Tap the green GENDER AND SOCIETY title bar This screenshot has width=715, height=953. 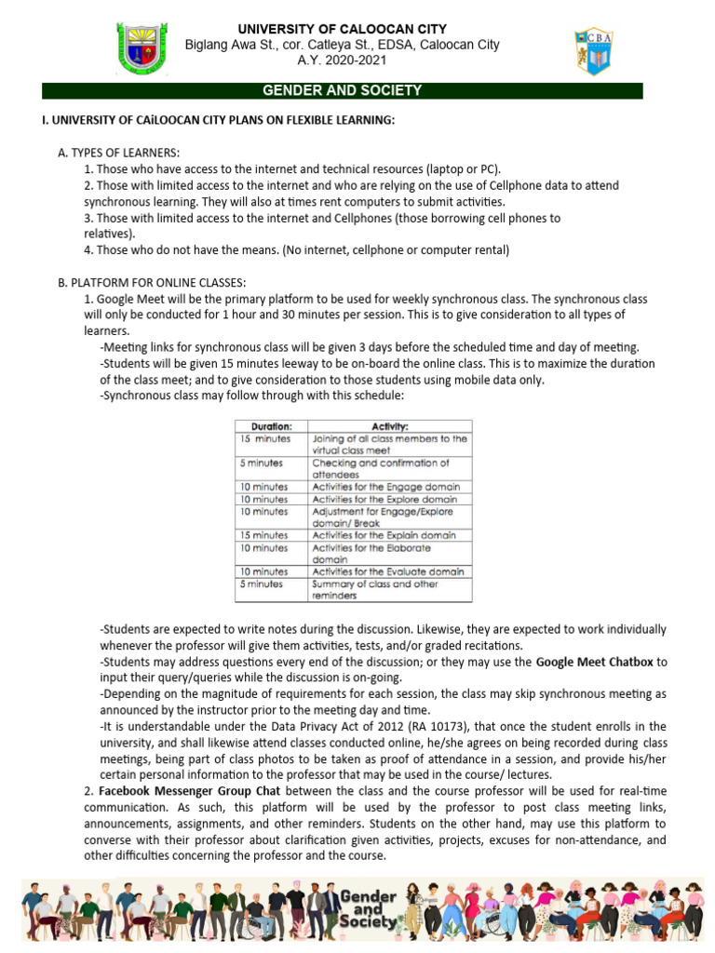pos(343,90)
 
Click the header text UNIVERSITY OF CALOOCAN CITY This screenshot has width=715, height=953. pos(342,29)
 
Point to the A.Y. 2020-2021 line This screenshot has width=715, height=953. pos(342,61)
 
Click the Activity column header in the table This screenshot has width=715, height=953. pos(391,426)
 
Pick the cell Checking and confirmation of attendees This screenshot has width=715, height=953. pos(391,468)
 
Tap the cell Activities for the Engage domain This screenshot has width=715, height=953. pos(386,487)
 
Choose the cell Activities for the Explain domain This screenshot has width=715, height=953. pos(384,535)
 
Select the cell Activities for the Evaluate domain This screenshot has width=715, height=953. pos(388,571)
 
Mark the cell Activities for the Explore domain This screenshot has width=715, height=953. pos(386,499)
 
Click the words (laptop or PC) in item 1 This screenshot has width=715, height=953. pos(462,168)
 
